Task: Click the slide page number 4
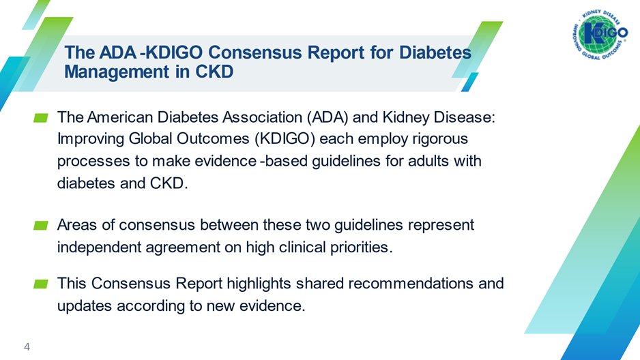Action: tap(27, 347)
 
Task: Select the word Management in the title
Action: tap(117, 72)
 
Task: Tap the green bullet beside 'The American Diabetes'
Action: tap(41, 118)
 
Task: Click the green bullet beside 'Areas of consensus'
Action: tap(41, 226)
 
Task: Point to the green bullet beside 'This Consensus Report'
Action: tap(41, 284)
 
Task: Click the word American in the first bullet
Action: tap(120, 117)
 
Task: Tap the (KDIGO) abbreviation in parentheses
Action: tap(285, 139)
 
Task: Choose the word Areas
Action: tap(77, 225)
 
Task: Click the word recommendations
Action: tap(411, 284)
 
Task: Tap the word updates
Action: tap(85, 305)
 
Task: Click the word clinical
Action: tap(298, 247)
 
